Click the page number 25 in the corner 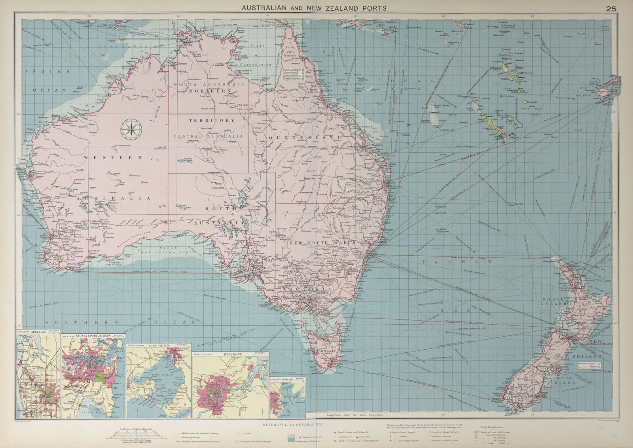click(x=611, y=8)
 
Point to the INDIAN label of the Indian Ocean click(x=47, y=71)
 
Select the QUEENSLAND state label click(x=305, y=137)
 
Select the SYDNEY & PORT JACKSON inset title click(x=93, y=335)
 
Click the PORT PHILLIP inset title click(x=159, y=345)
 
